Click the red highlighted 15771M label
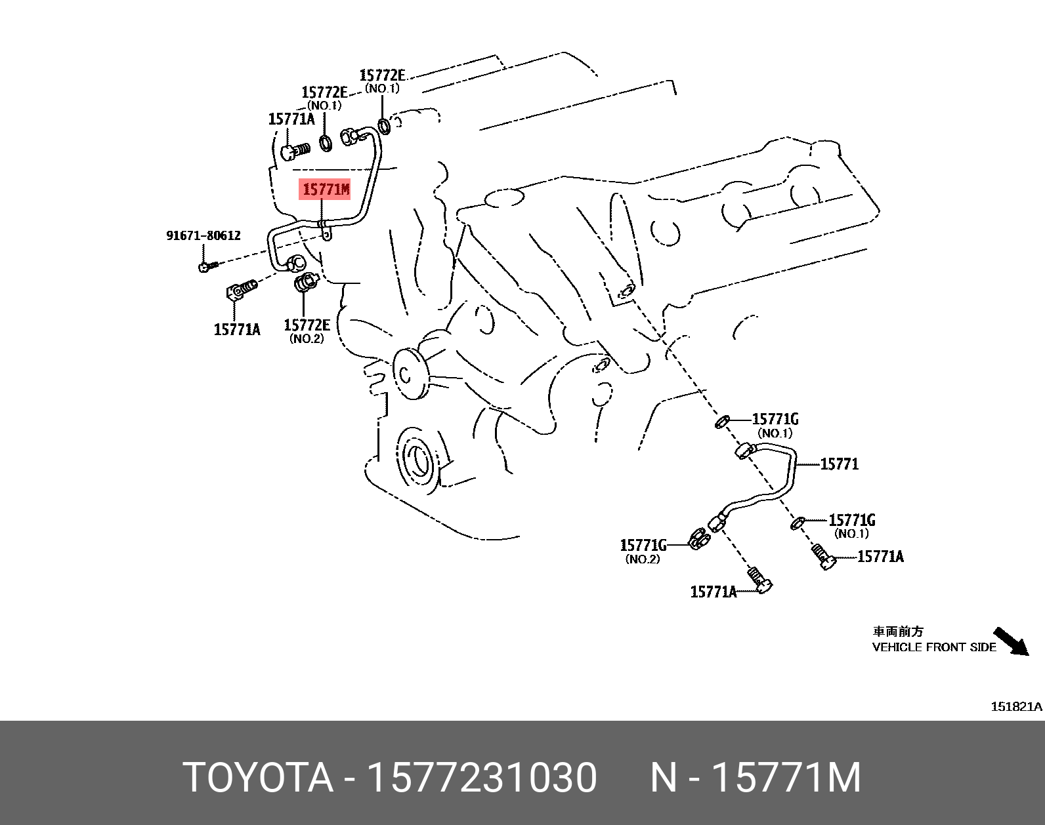tap(326, 190)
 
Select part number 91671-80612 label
tap(203, 235)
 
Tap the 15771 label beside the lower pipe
tap(839, 464)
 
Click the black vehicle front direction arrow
tap(1010, 641)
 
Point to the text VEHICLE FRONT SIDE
tap(933, 647)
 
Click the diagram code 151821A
tap(1015, 706)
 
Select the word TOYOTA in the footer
tap(258, 778)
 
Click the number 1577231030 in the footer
tap(482, 778)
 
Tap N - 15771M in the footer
tap(755, 778)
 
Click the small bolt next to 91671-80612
tap(205, 266)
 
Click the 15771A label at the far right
tap(880, 557)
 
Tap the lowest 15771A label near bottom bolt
tap(713, 592)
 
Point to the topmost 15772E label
tap(383, 75)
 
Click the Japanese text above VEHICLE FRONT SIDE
tap(897, 632)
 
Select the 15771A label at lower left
tap(237, 330)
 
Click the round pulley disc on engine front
tap(410, 374)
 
